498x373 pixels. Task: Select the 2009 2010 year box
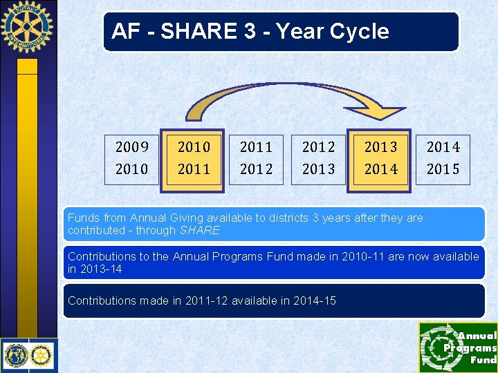tap(131, 158)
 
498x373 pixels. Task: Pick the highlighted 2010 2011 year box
tap(194, 158)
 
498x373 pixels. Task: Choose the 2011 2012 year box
tap(256, 158)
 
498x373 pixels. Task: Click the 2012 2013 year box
tap(318, 158)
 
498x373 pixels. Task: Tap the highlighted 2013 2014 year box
tap(380, 158)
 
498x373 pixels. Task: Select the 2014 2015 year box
tap(443, 158)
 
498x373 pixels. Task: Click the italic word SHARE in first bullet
tap(199, 230)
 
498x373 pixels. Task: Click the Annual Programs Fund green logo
tap(457, 347)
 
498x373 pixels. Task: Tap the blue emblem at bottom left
tap(15, 356)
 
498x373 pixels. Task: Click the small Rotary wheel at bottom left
tap(41, 356)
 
